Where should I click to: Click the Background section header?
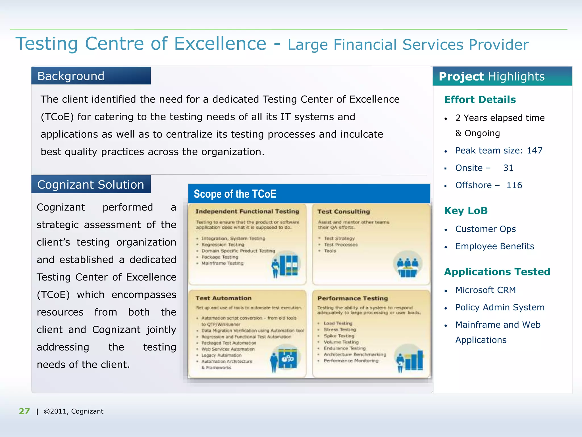(x=91, y=76)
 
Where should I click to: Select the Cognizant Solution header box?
(x=91, y=185)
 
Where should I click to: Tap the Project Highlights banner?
(x=502, y=77)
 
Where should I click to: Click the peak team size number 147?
(x=535, y=151)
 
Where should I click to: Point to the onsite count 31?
(x=508, y=168)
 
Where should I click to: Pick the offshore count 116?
(x=514, y=185)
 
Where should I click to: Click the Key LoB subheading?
(x=466, y=211)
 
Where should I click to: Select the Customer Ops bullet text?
(x=485, y=229)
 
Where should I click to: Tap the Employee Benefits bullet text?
(x=494, y=246)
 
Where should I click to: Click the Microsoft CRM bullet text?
(x=485, y=290)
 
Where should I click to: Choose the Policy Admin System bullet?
(x=500, y=308)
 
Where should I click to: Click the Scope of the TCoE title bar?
(x=309, y=194)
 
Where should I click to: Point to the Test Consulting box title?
(x=344, y=212)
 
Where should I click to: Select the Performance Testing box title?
(x=352, y=298)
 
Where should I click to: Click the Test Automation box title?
(x=223, y=298)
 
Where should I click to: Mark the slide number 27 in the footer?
(x=24, y=411)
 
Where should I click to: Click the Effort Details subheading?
(x=480, y=100)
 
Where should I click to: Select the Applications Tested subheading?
(x=497, y=272)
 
